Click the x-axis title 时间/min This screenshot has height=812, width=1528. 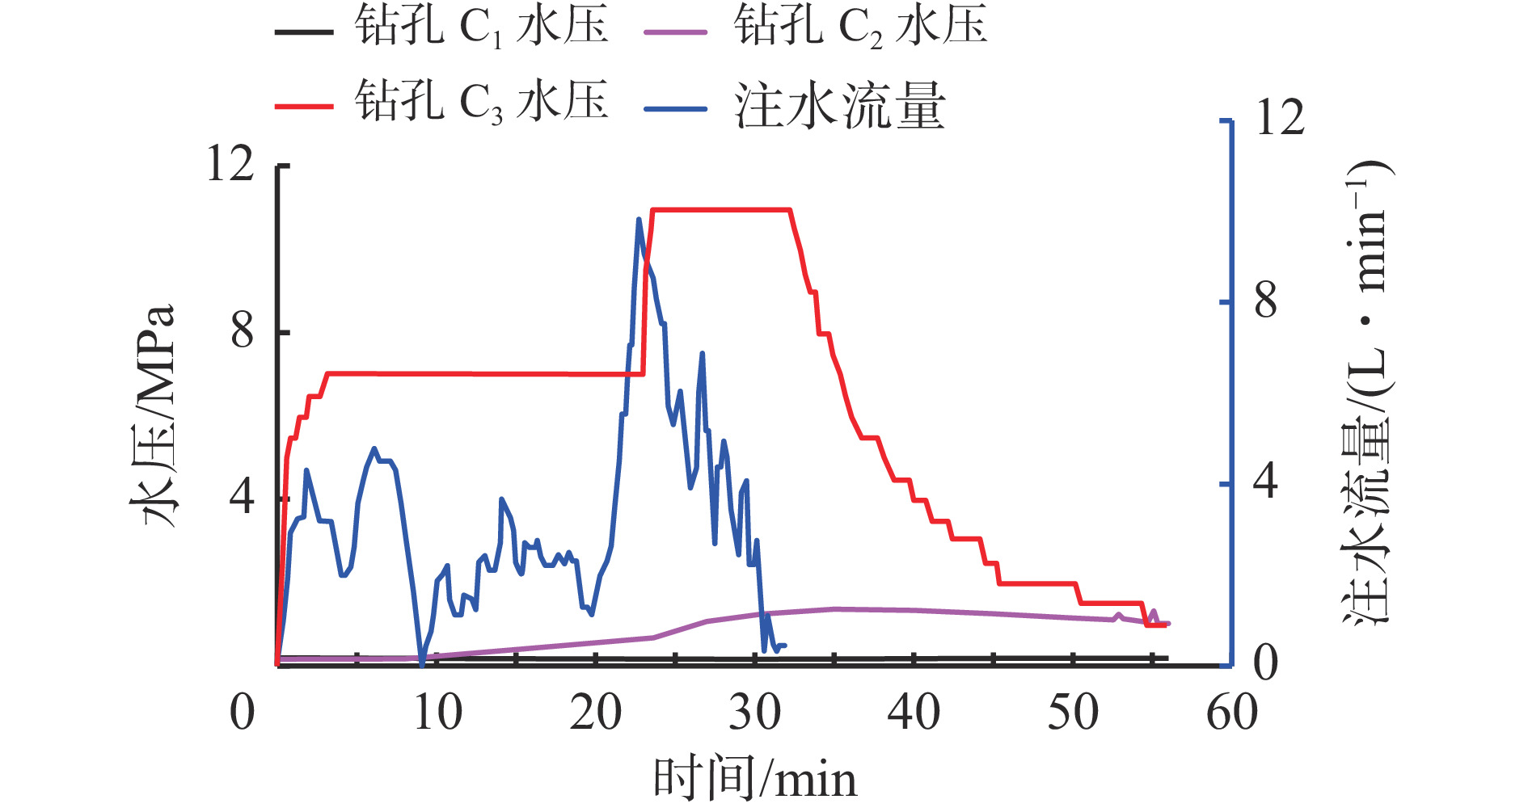(754, 780)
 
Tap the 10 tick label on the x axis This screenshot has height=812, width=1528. (437, 713)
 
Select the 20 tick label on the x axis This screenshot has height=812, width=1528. (596, 713)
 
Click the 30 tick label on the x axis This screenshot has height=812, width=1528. (755, 713)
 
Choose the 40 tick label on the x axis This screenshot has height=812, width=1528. (914, 713)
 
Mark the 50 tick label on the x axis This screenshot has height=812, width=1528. (1073, 713)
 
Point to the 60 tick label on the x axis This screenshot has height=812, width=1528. (1231, 713)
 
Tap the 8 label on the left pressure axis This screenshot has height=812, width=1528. (243, 331)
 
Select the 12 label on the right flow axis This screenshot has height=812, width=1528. (1280, 119)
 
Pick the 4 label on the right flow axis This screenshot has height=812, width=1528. (1266, 482)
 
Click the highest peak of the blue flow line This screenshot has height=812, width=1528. (639, 219)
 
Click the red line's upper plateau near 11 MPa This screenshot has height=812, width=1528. (720, 210)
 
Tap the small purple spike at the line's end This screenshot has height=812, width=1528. (1154, 612)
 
